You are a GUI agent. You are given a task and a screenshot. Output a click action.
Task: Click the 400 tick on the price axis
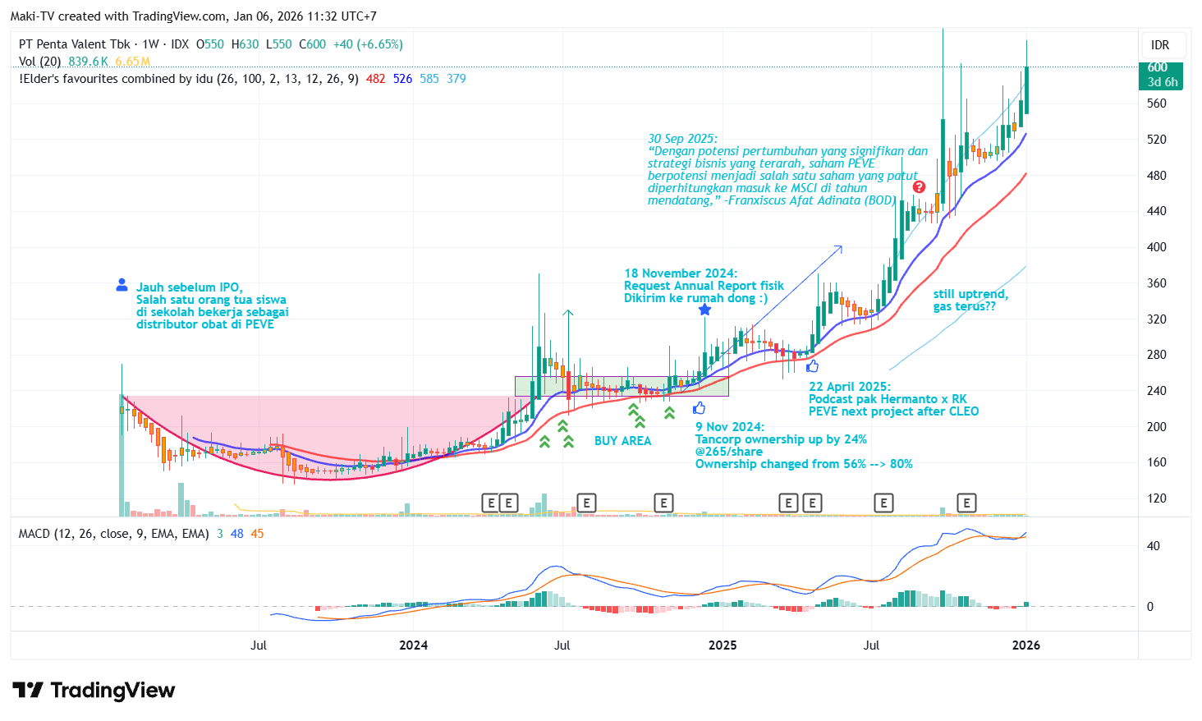[x=1156, y=247]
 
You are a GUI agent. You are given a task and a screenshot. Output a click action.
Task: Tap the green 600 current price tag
[x=1160, y=74]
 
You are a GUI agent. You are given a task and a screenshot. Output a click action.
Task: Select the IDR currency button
[x=1159, y=45]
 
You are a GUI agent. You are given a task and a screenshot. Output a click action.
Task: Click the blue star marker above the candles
[x=704, y=310]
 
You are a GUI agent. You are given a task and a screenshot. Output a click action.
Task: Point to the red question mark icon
[x=919, y=187]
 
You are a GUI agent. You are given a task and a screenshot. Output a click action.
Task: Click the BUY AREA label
[x=622, y=441]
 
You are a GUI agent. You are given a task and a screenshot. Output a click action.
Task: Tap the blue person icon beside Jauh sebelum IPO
[x=122, y=285]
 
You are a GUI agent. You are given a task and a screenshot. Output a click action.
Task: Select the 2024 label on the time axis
[x=413, y=645]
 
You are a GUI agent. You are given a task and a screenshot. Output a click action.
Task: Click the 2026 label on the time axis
[x=1025, y=645]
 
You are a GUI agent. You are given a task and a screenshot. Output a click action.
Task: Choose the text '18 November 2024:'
[x=681, y=273]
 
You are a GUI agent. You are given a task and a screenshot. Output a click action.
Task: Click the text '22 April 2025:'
[x=849, y=387]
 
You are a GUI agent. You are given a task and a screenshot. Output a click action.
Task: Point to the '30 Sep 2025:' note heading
[x=682, y=139]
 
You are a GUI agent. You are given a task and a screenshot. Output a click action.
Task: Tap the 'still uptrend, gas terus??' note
[x=970, y=300]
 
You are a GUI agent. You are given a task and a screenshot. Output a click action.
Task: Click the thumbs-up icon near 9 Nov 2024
[x=699, y=408]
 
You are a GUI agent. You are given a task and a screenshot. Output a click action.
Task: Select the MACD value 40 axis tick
[x=1153, y=546]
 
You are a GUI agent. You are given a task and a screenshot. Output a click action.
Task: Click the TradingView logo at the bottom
[x=94, y=691]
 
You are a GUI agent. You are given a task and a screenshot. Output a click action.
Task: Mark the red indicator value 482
[x=375, y=79]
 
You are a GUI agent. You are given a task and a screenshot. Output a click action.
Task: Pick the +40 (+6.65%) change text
[x=368, y=44]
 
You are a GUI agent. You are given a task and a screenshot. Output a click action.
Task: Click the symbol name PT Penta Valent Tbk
[x=75, y=44]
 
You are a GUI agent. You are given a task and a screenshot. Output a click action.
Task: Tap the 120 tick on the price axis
[x=1156, y=498]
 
